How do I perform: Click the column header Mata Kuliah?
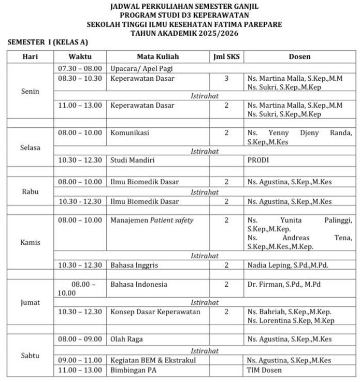click(x=157, y=56)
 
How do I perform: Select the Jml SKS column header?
click(x=226, y=56)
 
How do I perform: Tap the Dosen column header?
click(x=300, y=56)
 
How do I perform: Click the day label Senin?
click(x=30, y=92)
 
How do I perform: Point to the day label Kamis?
click(x=30, y=242)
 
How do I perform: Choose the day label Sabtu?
click(x=30, y=356)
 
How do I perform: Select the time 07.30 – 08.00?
click(x=80, y=68)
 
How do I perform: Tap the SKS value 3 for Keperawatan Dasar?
click(x=226, y=78)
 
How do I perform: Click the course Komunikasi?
click(x=129, y=133)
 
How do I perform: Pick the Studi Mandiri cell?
click(x=133, y=160)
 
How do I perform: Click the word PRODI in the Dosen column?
click(x=258, y=160)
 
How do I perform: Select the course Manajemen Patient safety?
click(x=152, y=220)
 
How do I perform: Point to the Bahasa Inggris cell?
click(x=134, y=265)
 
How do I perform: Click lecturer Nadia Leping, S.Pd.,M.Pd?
click(x=287, y=265)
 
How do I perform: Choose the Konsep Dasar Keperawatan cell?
click(x=155, y=312)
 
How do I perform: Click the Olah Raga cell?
click(x=126, y=339)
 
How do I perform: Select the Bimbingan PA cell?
click(x=133, y=370)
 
